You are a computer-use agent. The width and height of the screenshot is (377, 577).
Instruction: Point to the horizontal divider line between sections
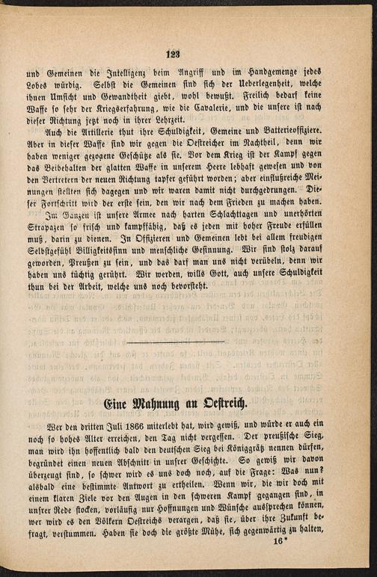click(176, 342)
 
